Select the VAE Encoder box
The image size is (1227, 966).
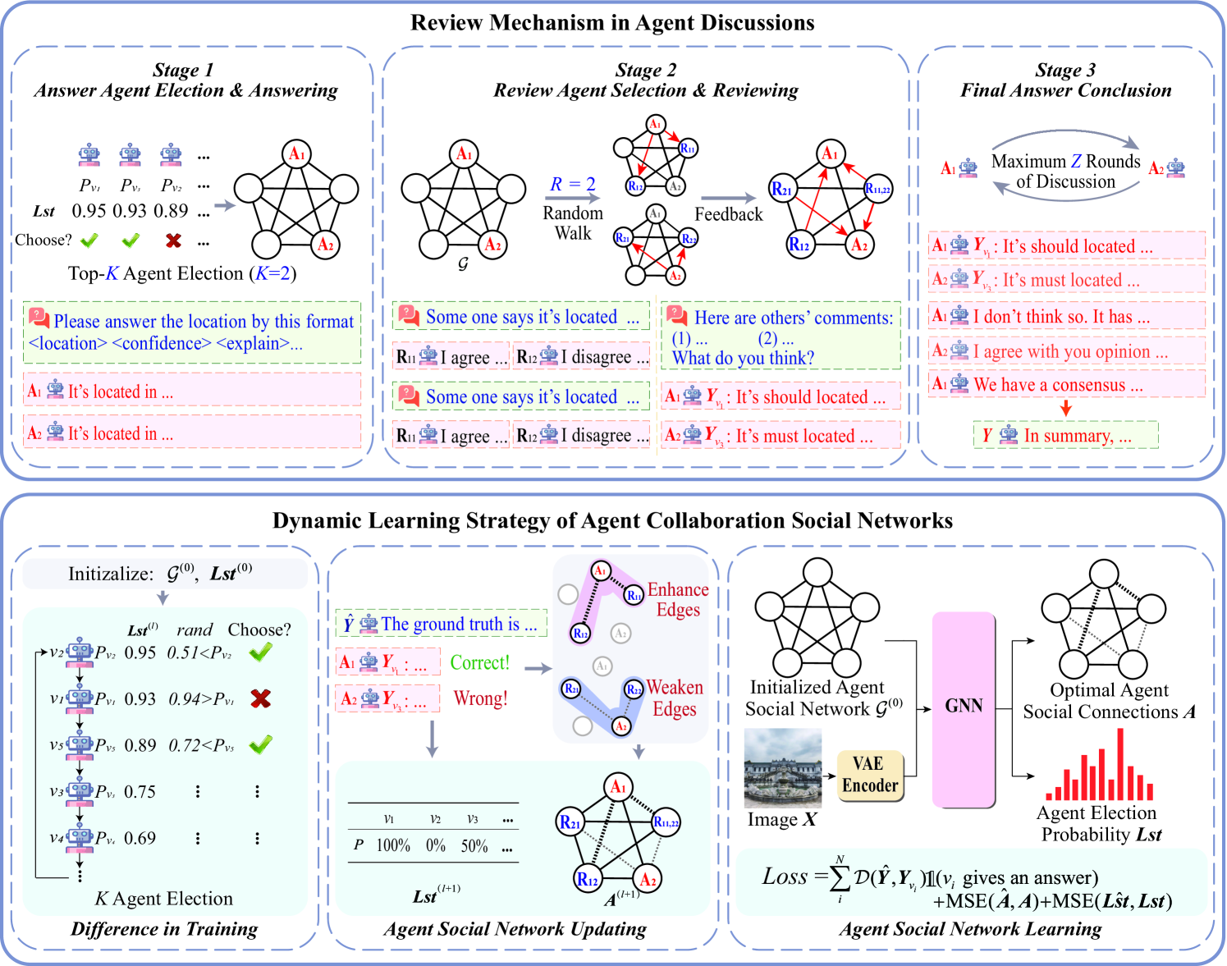(x=869, y=775)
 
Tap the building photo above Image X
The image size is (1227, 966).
(x=782, y=767)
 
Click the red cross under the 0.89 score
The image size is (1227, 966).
(x=173, y=240)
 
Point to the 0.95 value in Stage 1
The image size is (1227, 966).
(x=89, y=211)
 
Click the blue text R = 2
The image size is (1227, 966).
(x=572, y=184)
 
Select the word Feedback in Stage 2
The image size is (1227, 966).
(x=728, y=214)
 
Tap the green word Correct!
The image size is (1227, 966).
(x=479, y=662)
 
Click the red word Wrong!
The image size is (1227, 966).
(x=480, y=698)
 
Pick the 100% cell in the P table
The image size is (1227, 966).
(x=393, y=845)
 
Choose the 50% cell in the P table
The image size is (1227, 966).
(x=474, y=845)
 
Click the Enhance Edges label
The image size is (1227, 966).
(x=677, y=599)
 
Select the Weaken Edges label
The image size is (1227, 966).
(x=675, y=698)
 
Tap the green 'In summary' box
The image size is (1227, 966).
(x=1065, y=436)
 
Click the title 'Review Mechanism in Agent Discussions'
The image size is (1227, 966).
(x=612, y=22)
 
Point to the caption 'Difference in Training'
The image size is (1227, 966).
(x=164, y=929)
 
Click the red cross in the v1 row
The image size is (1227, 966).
(x=260, y=698)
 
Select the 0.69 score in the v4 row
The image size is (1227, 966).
(x=140, y=838)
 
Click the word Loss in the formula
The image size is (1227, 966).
(x=785, y=877)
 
